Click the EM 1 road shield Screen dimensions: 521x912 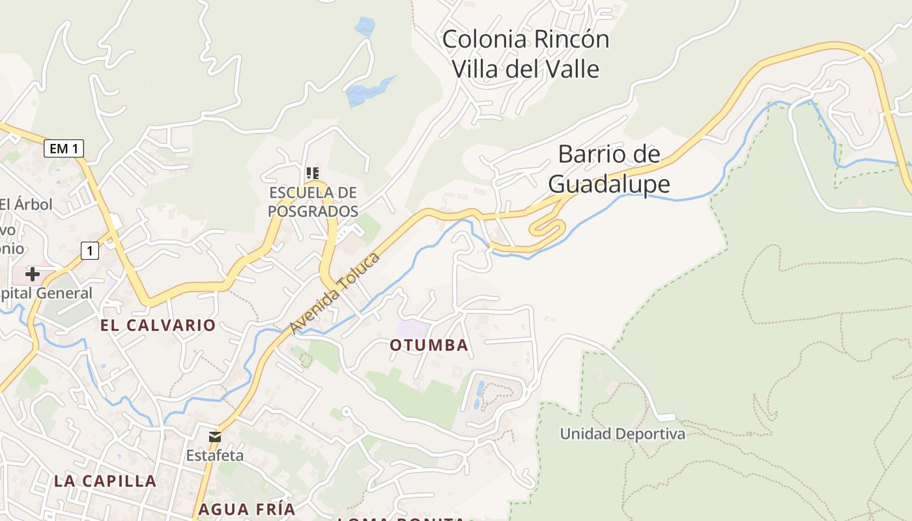point(64,148)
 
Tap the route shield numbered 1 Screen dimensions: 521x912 point(90,250)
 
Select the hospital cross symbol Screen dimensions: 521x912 point(32,274)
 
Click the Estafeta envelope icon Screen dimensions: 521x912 point(214,436)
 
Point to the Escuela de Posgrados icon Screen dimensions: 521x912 point(313,173)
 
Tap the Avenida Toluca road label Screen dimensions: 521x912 point(335,293)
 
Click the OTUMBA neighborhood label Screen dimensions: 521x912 point(429,345)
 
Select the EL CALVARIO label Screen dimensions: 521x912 point(158,325)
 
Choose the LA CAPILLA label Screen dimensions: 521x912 point(105,481)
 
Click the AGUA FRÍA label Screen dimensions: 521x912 point(247,509)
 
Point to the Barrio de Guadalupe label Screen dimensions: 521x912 point(609,169)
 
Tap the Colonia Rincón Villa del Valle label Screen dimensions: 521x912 point(526,53)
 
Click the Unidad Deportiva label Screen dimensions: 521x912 point(622,434)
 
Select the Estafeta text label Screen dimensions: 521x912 point(215,455)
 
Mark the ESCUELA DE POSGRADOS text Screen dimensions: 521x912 point(313,202)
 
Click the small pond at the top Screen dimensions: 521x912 point(364,27)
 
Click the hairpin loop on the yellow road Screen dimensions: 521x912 point(547,228)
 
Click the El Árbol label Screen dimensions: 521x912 point(26,204)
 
